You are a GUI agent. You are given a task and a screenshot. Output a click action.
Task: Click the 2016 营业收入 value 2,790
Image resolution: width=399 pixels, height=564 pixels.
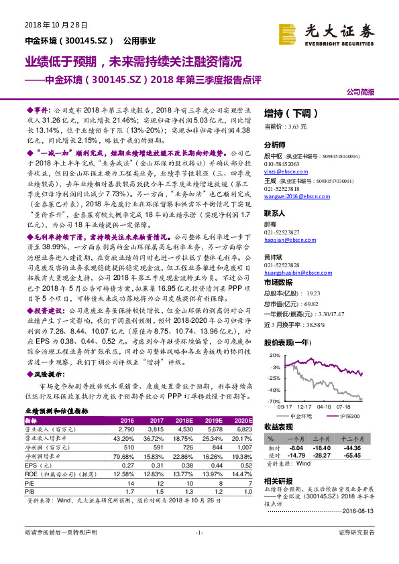click(127, 428)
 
